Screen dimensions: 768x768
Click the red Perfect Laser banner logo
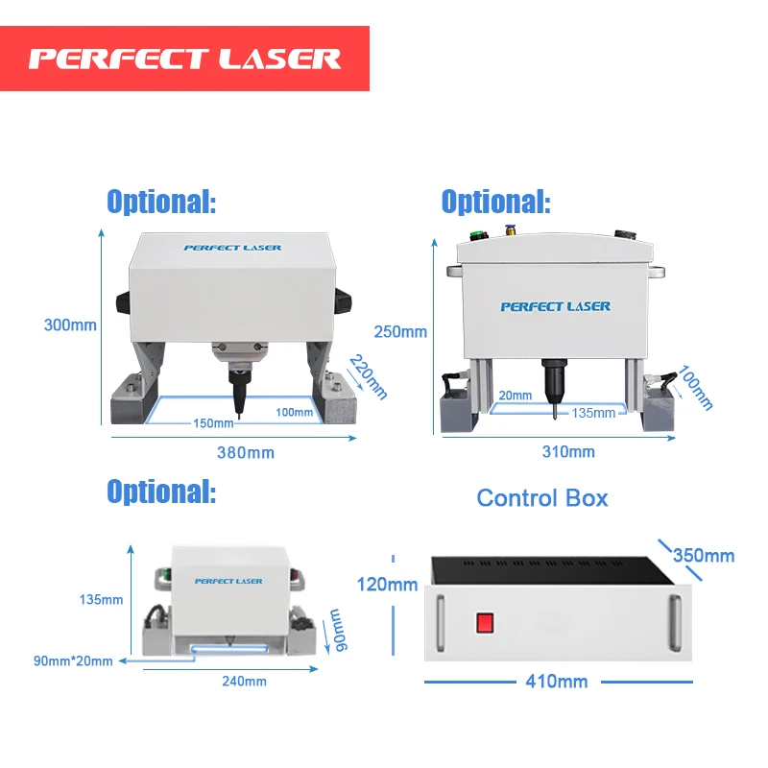point(184,59)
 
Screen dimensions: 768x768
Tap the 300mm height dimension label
point(70,324)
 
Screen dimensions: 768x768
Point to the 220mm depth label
point(368,376)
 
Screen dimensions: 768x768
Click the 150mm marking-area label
point(212,423)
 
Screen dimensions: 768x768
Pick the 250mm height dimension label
point(400,332)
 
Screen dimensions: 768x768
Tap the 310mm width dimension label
point(568,452)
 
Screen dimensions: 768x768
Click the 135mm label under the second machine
point(593,413)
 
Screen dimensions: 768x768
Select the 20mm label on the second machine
point(515,396)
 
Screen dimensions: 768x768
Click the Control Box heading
point(542,497)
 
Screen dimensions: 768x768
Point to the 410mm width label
point(556,682)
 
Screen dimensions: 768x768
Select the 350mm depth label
point(703,555)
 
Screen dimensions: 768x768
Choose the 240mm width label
point(243,682)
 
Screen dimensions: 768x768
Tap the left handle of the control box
point(440,619)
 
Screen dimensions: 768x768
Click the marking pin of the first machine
point(237,394)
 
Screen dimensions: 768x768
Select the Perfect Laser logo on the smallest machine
point(228,581)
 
